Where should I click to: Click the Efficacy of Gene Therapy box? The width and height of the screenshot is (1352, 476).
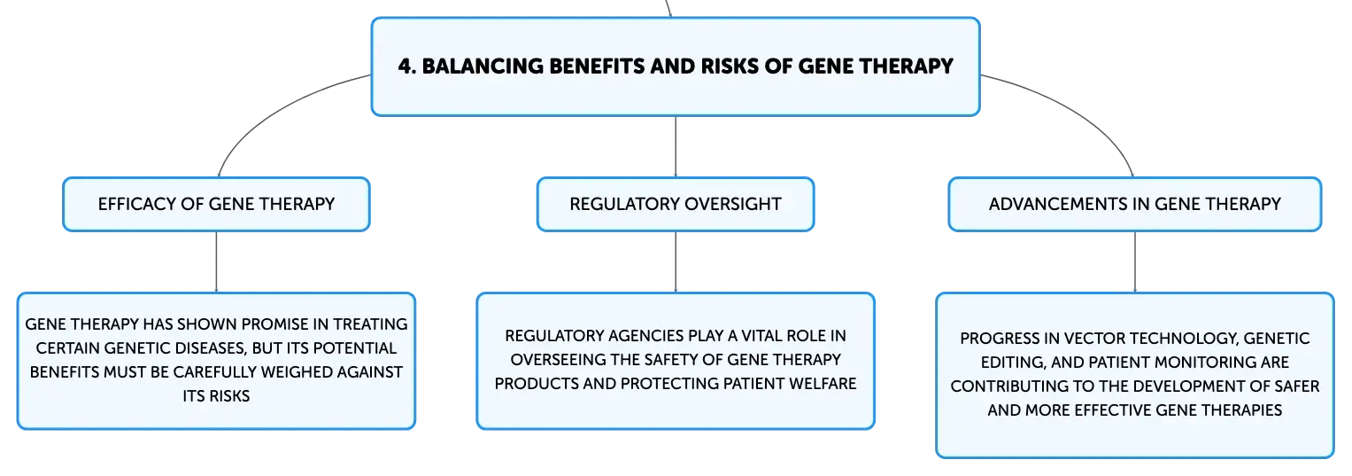tap(216, 204)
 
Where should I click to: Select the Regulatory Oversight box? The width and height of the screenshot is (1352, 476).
tap(676, 204)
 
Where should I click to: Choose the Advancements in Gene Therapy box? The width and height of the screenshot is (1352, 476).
tap(1135, 204)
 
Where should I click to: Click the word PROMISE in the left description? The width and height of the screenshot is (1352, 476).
tap(268, 324)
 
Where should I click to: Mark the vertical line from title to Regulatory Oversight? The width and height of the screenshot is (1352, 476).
tap(676, 146)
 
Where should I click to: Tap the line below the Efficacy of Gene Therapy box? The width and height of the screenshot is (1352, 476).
tap(216, 261)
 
